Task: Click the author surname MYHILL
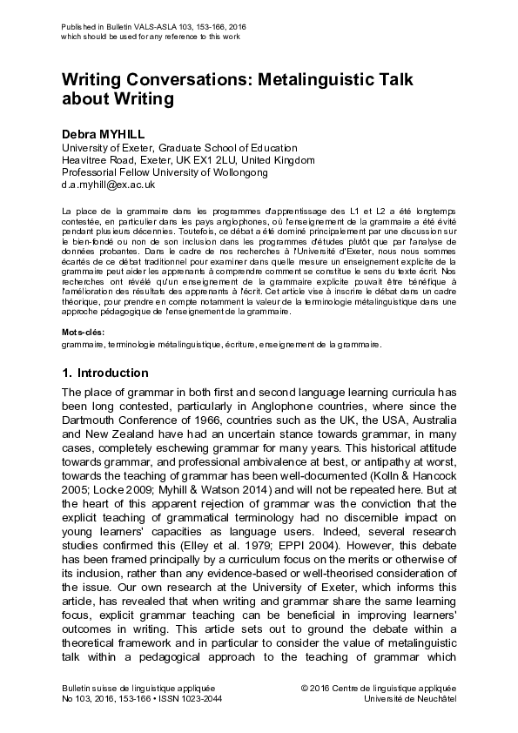tap(123, 135)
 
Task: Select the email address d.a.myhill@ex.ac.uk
tap(108, 185)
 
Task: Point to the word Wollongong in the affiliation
tap(237, 172)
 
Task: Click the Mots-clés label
tap(84, 333)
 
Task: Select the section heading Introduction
tap(112, 373)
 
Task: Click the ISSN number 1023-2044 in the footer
tap(199, 699)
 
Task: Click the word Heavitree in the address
tap(86, 160)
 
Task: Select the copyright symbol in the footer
tap(304, 688)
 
